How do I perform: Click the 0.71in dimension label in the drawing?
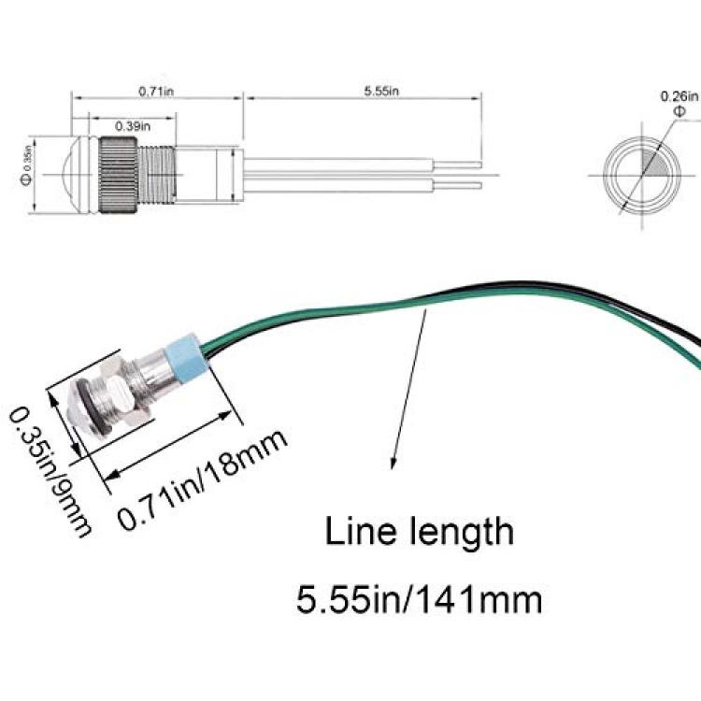pos(156,92)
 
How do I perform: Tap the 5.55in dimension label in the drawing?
pos(381,92)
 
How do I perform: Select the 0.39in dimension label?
pos(133,126)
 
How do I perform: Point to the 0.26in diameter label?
pos(680,96)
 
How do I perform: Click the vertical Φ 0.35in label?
pos(26,165)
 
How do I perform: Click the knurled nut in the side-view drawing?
pos(118,175)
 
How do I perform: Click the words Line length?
pos(419,531)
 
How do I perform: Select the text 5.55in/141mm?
pos(419,599)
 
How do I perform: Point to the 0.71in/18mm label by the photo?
pos(202,479)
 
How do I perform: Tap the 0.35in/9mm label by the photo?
pos(50,472)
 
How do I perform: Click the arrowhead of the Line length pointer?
pos(393,464)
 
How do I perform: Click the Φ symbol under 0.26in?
pos(679,111)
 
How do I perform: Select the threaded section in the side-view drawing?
pos(155,174)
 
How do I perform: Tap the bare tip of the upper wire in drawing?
pos(457,165)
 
